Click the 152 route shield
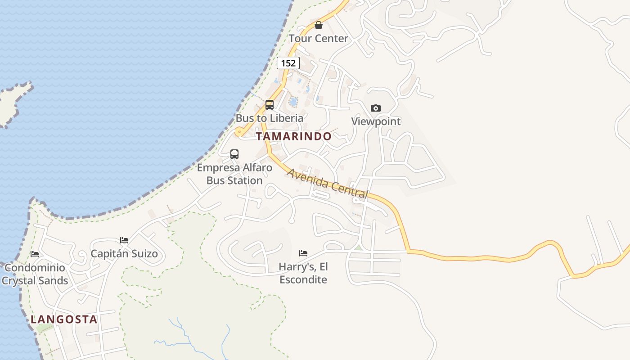(x=288, y=63)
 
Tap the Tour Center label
(x=318, y=38)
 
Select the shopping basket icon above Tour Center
(x=319, y=25)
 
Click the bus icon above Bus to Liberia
(x=270, y=105)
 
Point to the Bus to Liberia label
(x=270, y=118)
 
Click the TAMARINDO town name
(x=293, y=136)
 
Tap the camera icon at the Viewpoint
(x=376, y=108)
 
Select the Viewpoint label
(x=376, y=121)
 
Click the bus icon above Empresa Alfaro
(x=234, y=154)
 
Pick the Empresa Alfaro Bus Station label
(x=234, y=174)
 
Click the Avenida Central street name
(x=328, y=184)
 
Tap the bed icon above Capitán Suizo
(x=124, y=240)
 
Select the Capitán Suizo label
(x=124, y=254)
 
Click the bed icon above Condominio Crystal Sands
(x=35, y=254)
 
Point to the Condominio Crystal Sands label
(x=35, y=274)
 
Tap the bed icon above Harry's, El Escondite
(x=303, y=253)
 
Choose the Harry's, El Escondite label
(x=303, y=273)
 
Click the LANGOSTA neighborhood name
(x=64, y=319)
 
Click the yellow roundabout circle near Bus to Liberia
(x=239, y=132)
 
